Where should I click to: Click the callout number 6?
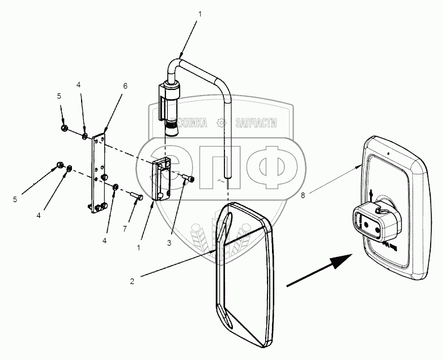[125, 85]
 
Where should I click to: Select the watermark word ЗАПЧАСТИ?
[253, 122]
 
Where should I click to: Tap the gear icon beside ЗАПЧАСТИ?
[222, 122]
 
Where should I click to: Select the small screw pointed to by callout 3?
[190, 179]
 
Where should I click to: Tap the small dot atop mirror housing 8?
[389, 152]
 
